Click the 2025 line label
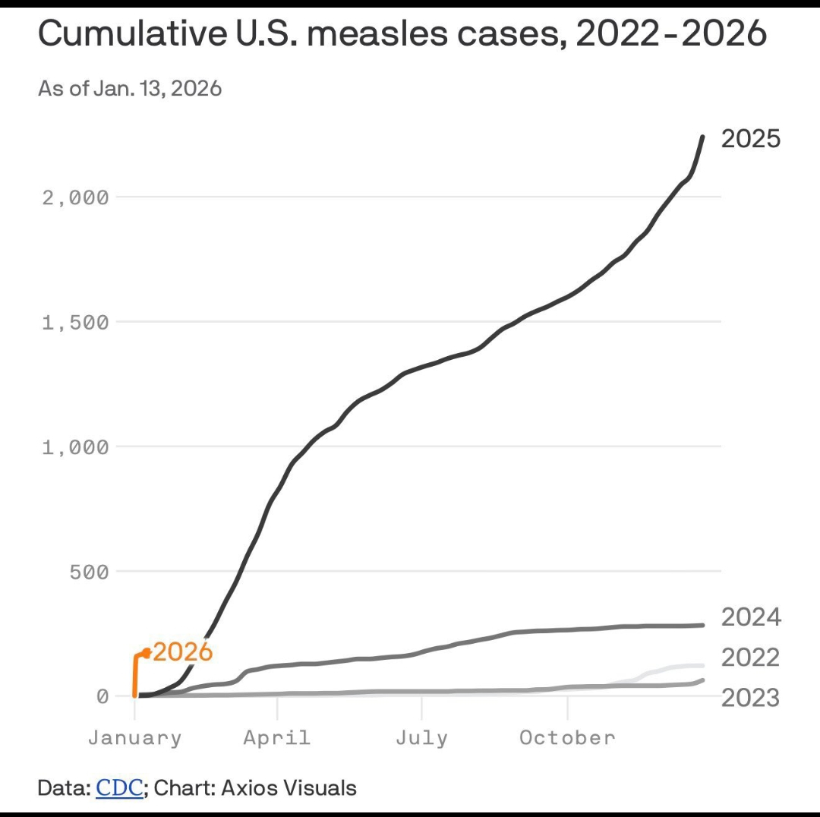click(750, 139)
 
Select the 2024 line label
click(750, 617)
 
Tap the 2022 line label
click(750, 657)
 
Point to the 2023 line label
click(750, 697)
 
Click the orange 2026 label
click(182, 651)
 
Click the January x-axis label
click(134, 737)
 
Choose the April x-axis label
click(277, 737)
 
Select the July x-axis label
click(421, 737)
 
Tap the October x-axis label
click(567, 737)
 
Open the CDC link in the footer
click(119, 788)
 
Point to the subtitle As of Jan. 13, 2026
click(130, 89)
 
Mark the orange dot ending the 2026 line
click(147, 652)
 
